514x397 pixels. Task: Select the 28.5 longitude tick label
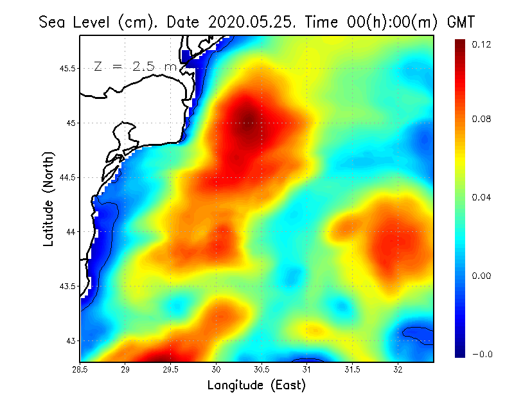[x=80, y=369]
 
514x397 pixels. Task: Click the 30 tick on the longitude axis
[x=217, y=369]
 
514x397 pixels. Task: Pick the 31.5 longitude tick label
[x=352, y=369]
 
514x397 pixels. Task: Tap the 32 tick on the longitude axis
[x=398, y=369]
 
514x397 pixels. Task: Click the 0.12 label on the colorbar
[x=482, y=44]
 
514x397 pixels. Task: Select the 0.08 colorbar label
[x=482, y=119]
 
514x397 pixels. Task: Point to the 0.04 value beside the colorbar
[x=482, y=197]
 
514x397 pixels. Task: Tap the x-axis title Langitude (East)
[x=256, y=385]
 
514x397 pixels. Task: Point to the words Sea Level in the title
[x=68, y=22]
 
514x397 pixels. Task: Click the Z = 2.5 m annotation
[x=135, y=66]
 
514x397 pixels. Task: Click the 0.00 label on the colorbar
[x=482, y=276]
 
